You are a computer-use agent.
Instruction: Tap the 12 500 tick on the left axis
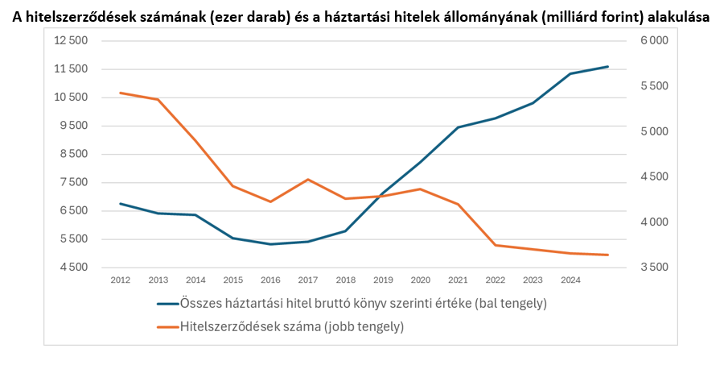[x=71, y=41]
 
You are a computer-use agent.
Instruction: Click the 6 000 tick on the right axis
[x=653, y=41]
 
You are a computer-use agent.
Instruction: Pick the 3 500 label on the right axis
[x=653, y=268]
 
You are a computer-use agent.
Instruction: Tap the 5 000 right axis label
[x=653, y=131]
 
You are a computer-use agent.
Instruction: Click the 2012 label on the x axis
[x=121, y=280]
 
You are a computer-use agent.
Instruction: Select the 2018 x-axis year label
[x=345, y=280]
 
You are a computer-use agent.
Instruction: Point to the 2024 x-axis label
[x=570, y=280]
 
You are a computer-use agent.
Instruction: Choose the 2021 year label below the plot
[x=458, y=280]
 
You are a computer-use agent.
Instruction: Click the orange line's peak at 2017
[x=308, y=180]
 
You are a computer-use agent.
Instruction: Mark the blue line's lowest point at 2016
[x=270, y=244]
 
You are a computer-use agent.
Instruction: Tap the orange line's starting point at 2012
[x=121, y=93]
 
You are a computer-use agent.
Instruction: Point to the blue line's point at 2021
[x=458, y=127]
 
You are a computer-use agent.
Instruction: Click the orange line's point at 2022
[x=496, y=245]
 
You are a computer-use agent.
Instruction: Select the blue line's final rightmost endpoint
[x=608, y=66]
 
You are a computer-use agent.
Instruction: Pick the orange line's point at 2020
[x=421, y=189]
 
